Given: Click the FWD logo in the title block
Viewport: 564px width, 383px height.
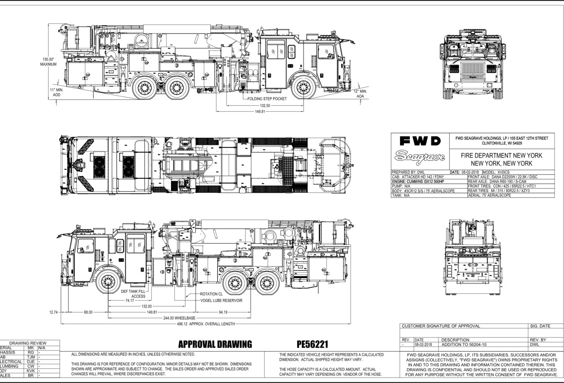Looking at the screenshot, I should [420, 141].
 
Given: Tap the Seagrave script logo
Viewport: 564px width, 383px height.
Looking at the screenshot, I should [420, 156].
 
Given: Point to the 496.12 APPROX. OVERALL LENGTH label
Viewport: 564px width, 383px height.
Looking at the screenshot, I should [206, 324].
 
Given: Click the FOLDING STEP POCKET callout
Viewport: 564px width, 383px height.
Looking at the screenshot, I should [267, 99].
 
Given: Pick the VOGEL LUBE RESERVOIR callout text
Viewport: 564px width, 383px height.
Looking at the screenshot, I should [221, 300].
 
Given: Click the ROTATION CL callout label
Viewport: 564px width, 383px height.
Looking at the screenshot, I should [211, 294].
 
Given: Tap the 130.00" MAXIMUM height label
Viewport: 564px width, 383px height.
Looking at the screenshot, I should [48, 62].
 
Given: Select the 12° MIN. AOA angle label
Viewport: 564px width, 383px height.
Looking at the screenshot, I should [360, 94].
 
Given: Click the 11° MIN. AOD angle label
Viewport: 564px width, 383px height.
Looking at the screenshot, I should [56, 92].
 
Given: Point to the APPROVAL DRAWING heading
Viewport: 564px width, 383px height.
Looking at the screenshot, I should [215, 344].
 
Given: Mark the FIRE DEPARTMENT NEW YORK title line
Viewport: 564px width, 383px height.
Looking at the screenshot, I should [502, 155].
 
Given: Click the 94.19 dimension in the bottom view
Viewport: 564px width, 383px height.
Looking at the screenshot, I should [223, 312].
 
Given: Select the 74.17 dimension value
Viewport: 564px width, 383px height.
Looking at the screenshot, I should [130, 300].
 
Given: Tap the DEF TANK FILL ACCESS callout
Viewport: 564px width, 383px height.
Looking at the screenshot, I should [133, 294].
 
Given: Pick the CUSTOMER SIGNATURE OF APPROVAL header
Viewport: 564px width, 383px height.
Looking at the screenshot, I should [441, 326].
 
